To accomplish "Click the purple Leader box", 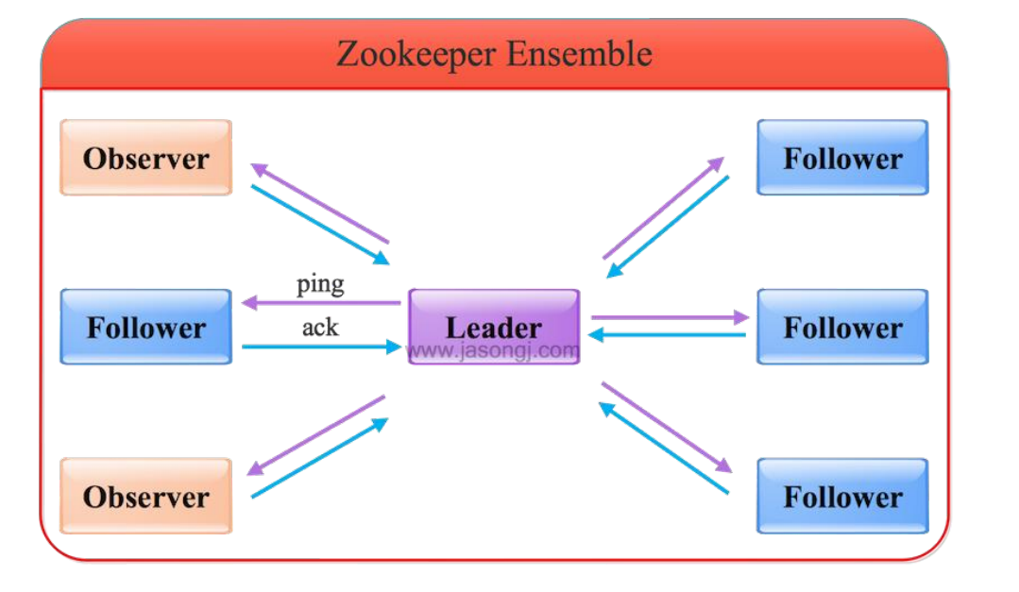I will tap(493, 327).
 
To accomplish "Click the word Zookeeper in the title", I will tap(416, 54).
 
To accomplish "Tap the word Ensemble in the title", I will tap(578, 54).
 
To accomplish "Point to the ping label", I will tap(320, 283).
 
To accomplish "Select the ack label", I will tap(320, 327).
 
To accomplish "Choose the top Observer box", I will tap(145, 158).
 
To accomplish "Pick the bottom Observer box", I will tap(145, 496).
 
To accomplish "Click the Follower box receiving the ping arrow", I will tap(145, 327).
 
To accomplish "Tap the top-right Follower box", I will tap(842, 158).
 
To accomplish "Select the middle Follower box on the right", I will tap(842, 327).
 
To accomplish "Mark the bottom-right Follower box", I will tap(842, 496).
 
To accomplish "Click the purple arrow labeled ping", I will tap(321, 303).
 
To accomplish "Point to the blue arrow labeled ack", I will tap(321, 347).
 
